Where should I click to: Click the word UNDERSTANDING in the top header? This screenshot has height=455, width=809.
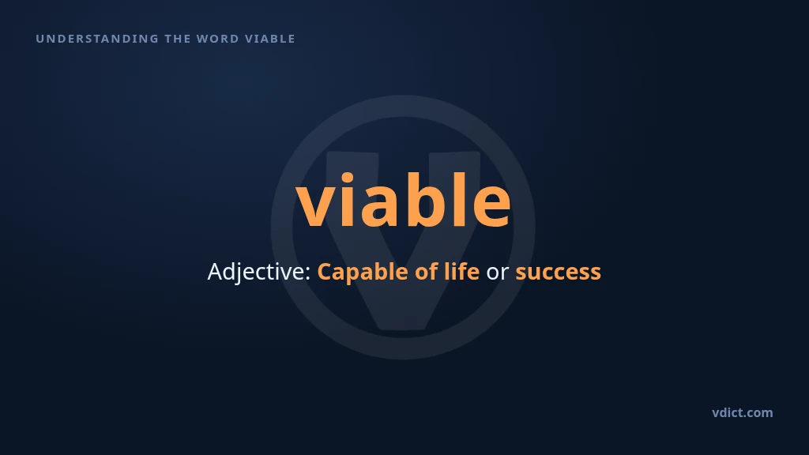(97, 39)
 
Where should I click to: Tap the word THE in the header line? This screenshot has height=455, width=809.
(178, 39)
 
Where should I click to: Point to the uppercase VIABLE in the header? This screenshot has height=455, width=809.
(270, 39)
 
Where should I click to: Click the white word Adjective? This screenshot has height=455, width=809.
(256, 272)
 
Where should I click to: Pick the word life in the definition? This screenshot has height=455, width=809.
(461, 271)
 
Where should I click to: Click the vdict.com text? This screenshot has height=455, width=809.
(743, 412)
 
